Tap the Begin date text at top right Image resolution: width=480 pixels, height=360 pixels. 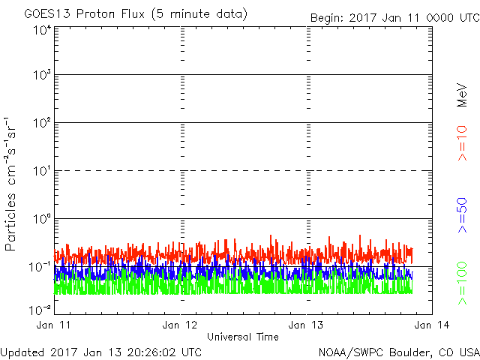(x=395, y=18)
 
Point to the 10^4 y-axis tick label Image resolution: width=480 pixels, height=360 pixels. (x=42, y=31)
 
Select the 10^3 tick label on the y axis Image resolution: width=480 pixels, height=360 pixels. (x=42, y=75)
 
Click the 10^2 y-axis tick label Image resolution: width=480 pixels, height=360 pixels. (x=42, y=123)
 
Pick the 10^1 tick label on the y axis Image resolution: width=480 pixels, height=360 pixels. (x=42, y=171)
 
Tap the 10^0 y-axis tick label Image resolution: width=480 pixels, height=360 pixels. (x=42, y=219)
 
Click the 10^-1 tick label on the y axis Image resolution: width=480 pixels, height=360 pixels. (x=40, y=267)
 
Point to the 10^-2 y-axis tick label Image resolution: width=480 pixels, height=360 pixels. (x=40, y=310)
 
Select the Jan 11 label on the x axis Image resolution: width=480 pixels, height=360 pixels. (x=53, y=325)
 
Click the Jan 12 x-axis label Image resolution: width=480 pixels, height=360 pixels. (x=180, y=325)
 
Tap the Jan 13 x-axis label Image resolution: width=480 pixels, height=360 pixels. (x=306, y=325)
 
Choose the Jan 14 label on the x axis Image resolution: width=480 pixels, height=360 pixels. (x=432, y=325)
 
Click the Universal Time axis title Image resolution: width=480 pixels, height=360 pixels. (x=243, y=337)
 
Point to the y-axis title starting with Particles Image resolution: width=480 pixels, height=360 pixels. (x=10, y=184)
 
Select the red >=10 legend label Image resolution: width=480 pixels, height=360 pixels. (x=462, y=143)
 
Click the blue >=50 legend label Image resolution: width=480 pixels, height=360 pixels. (x=462, y=215)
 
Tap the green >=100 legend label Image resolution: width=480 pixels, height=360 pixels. (x=462, y=283)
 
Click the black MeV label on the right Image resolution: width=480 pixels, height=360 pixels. (x=462, y=94)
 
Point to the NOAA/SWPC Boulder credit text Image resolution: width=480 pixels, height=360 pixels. (x=399, y=352)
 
